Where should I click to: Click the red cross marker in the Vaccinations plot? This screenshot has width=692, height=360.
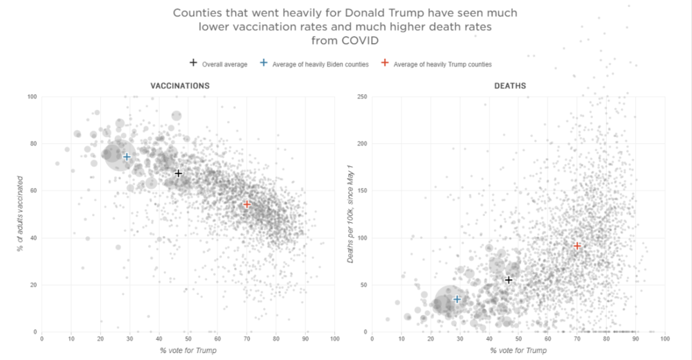247,204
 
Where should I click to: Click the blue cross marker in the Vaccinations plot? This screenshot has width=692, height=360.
127,156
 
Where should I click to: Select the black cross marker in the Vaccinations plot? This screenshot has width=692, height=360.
179,173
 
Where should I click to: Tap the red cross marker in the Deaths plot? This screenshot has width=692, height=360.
577,246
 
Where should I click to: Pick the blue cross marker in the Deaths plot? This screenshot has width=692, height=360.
457,299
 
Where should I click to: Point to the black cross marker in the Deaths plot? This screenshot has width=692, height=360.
509,280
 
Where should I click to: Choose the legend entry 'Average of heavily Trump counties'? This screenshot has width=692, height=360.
442,64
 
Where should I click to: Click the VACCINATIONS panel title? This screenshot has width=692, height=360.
180,86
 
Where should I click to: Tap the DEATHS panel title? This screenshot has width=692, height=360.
509,86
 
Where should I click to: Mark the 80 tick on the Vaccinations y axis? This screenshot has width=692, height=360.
32,144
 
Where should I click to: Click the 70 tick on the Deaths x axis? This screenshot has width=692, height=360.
577,339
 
